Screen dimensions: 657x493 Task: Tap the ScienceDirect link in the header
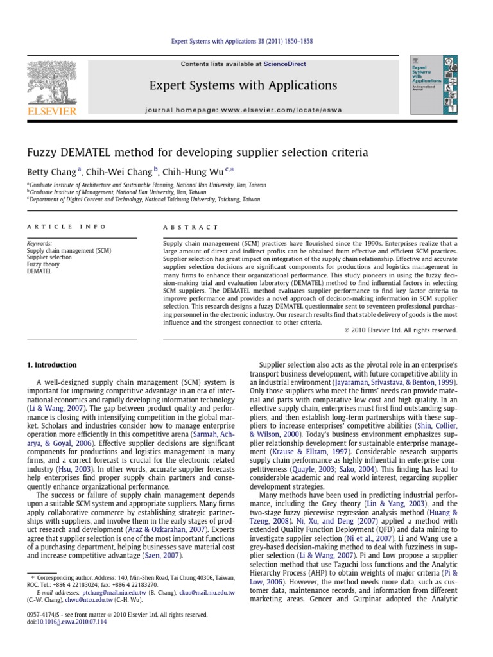[x=283, y=64]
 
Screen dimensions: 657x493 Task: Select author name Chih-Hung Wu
[x=199, y=171]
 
